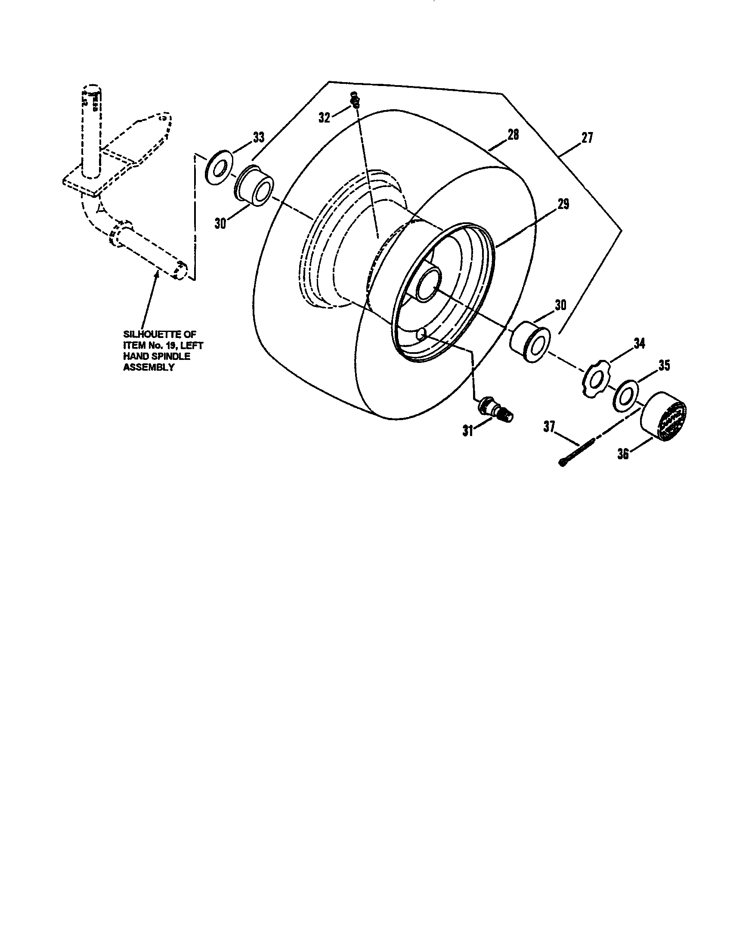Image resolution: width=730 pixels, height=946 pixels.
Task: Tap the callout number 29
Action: click(x=563, y=203)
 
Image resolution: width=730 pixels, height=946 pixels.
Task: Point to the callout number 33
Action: click(x=258, y=137)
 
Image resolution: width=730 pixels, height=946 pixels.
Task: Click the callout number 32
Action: click(x=324, y=117)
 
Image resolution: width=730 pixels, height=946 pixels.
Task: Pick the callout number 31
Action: click(x=467, y=431)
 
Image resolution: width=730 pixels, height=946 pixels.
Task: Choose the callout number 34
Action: click(x=639, y=344)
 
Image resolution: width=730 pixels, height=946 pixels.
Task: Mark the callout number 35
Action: click(x=664, y=365)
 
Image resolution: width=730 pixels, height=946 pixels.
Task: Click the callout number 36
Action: click(x=623, y=455)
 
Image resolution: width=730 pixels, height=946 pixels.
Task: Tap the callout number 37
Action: click(x=549, y=427)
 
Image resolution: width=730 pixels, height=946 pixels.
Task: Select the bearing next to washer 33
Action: click(x=255, y=188)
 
